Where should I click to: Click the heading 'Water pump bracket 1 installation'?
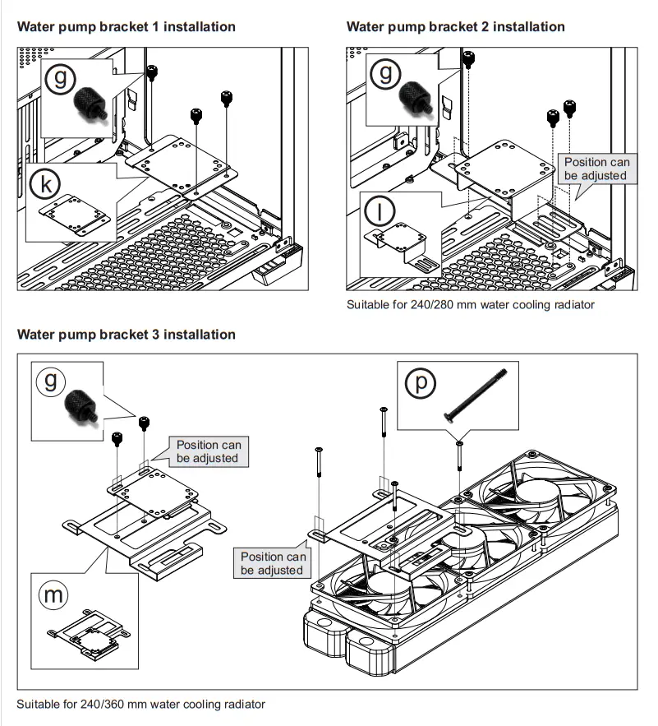(x=127, y=26)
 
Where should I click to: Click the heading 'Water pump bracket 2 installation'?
(x=455, y=26)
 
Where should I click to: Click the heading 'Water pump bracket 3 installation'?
(x=127, y=335)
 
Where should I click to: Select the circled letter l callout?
(x=380, y=211)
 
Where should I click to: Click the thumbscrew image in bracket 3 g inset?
(x=81, y=406)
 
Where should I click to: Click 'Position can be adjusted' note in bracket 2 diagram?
(x=596, y=169)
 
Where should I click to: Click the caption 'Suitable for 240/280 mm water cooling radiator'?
(x=470, y=305)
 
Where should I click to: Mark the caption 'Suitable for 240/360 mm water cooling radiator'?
(x=140, y=705)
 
